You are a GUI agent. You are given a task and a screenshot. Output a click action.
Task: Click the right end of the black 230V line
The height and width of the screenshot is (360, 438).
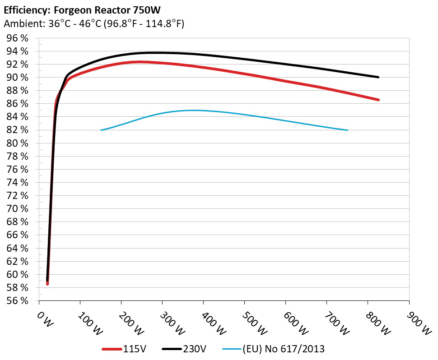point(378,77)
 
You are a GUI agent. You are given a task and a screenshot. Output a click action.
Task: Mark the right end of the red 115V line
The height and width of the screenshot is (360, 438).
point(378,100)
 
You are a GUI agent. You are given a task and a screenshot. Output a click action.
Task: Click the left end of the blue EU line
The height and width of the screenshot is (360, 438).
point(101,130)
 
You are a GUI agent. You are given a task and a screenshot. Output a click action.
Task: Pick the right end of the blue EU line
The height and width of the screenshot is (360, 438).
point(347,130)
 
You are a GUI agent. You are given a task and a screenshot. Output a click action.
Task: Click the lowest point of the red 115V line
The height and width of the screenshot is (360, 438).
point(47,284)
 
